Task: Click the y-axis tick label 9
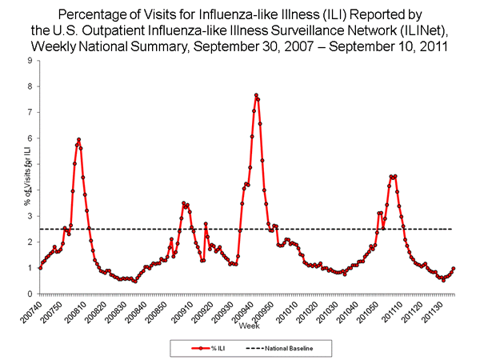30,61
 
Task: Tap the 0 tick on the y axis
30,294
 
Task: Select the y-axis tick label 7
30,112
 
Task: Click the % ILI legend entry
202,348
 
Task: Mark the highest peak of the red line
255,95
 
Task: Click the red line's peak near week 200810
78,139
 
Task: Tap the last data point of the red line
454,268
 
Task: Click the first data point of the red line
40,268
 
